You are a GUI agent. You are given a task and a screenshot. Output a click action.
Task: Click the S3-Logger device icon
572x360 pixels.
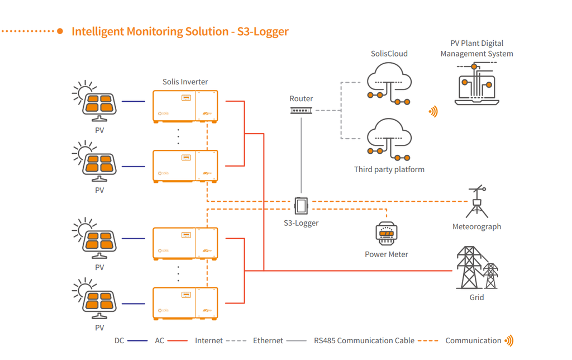(x=301, y=206)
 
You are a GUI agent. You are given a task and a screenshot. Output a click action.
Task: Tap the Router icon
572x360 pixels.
(x=301, y=110)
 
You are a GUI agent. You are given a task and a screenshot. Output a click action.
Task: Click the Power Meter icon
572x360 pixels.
(x=386, y=234)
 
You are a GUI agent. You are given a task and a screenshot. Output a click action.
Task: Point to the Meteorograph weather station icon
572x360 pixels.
(x=476, y=202)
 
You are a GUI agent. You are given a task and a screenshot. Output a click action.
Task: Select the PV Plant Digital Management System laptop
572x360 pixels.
(x=476, y=84)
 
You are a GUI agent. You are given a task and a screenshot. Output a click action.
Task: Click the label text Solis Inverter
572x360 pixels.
(x=185, y=82)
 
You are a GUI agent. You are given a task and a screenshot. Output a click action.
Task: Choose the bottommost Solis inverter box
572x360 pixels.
(x=185, y=303)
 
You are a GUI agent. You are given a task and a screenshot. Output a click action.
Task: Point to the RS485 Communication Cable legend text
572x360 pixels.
(x=364, y=340)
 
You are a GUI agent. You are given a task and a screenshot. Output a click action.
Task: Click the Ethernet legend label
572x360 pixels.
(x=268, y=340)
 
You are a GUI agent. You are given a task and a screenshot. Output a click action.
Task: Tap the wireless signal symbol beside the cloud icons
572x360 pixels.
(x=433, y=112)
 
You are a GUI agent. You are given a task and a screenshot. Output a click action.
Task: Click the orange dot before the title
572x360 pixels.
(x=60, y=31)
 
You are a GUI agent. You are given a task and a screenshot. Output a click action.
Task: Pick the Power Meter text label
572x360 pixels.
(x=386, y=254)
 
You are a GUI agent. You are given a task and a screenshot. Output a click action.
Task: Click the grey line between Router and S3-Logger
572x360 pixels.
(x=301, y=157)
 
